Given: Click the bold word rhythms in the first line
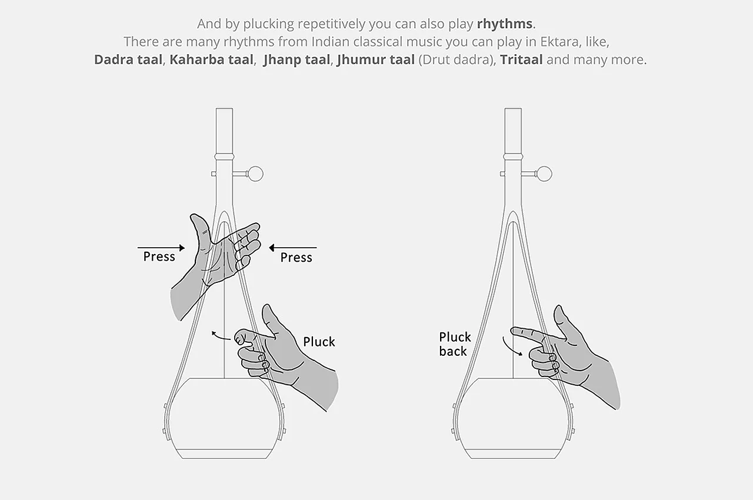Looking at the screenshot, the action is [x=505, y=24].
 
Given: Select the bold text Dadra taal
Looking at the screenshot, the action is [x=128, y=60].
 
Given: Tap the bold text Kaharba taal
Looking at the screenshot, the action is [x=211, y=60].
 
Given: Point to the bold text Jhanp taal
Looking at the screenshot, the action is [x=297, y=60].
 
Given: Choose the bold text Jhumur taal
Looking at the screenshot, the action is [x=376, y=60].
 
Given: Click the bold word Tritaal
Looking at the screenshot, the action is [x=521, y=60].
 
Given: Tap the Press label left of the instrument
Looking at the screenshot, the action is [x=159, y=256].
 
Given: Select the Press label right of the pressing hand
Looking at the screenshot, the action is [x=296, y=258].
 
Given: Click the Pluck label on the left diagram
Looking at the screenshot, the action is [x=319, y=342].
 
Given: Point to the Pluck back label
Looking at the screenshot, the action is [x=455, y=344].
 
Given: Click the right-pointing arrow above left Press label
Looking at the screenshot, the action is [x=161, y=248].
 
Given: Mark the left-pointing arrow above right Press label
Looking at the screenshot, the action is [x=293, y=248].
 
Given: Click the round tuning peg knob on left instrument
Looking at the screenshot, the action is [x=255, y=174].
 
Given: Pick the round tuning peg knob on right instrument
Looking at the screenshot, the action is [x=545, y=174].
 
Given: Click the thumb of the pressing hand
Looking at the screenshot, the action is [x=201, y=228].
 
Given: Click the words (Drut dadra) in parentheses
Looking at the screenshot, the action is [x=457, y=60].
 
